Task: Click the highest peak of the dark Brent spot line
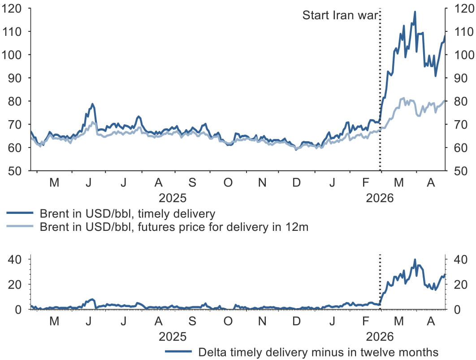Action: tap(415, 12)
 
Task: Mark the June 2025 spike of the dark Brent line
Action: tap(92, 104)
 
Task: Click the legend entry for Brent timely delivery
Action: tap(128, 213)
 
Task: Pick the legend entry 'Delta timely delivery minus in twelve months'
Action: tap(318, 352)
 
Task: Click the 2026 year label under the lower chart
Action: tap(380, 336)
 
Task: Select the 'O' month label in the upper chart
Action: tap(228, 183)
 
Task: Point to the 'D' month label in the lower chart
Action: tap(296, 321)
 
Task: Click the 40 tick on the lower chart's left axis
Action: tap(16, 260)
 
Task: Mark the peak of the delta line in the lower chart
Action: tap(415, 260)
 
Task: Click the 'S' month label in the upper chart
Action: tap(192, 183)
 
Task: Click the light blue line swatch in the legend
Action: tap(20, 227)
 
